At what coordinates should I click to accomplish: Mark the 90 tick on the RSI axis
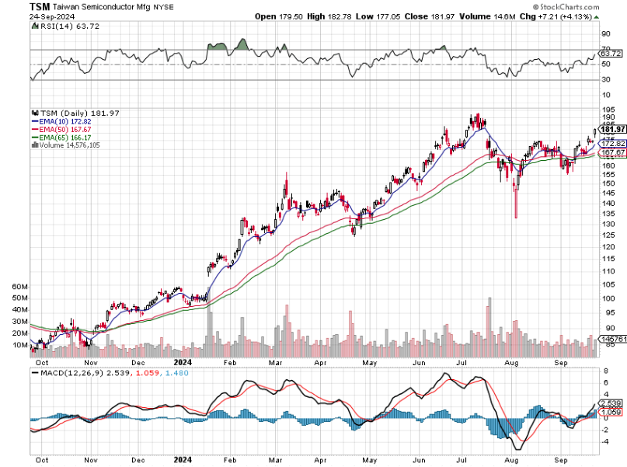click(606, 33)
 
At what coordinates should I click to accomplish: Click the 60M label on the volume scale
click(20, 287)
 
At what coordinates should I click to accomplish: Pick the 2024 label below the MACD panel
click(183, 459)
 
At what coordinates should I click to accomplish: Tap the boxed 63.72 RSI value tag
click(611, 54)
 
